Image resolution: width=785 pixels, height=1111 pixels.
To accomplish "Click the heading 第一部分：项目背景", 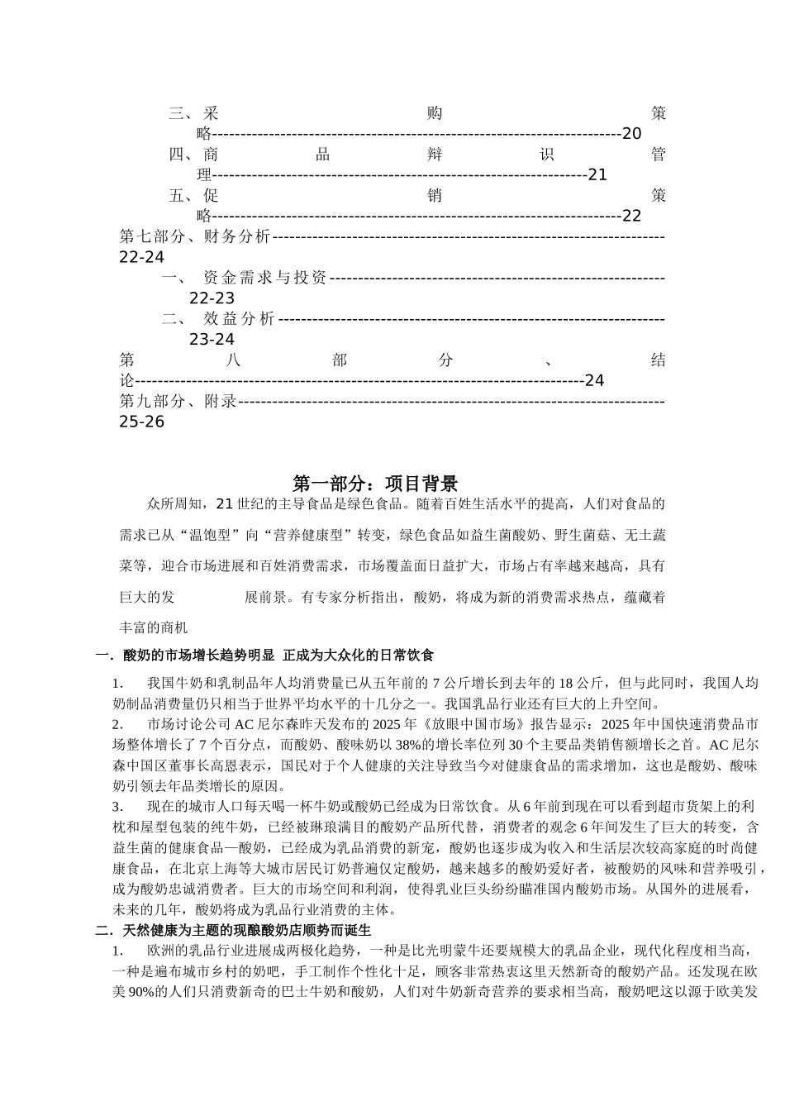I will (375, 484).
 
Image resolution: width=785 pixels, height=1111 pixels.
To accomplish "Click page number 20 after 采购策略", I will (631, 134).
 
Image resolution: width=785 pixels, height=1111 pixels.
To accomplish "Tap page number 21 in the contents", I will (597, 175).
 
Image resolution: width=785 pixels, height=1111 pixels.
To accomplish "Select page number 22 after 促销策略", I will (631, 217).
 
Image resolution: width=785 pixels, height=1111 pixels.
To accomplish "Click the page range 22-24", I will (142, 258).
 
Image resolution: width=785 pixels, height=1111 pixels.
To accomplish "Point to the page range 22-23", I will (212, 298).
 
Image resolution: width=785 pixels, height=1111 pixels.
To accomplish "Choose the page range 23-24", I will (212, 340).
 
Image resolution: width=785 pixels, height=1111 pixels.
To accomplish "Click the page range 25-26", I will (142, 422).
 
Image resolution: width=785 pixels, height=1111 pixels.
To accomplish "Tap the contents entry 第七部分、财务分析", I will (195, 237).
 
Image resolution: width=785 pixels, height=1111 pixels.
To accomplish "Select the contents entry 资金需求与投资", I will (264, 278).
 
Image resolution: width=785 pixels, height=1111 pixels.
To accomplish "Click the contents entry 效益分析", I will (239, 319).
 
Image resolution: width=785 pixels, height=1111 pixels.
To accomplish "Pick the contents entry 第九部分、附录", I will (178, 402).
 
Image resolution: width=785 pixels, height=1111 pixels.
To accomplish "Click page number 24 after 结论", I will (594, 381).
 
